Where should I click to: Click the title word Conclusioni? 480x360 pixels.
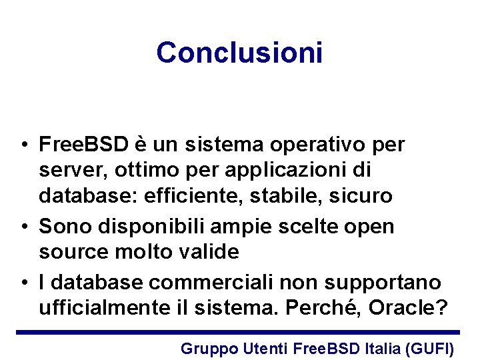click(x=239, y=53)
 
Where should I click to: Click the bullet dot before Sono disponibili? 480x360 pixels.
click(x=24, y=227)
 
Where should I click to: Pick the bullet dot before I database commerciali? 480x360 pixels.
click(x=24, y=283)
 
